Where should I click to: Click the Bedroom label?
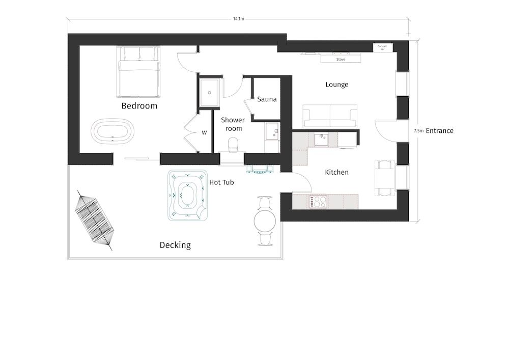(139, 106)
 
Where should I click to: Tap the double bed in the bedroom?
(138, 71)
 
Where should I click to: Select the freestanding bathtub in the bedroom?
(112, 131)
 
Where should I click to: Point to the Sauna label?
(267, 99)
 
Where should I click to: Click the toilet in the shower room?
(233, 145)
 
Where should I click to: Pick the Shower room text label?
(233, 124)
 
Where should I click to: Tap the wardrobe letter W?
(204, 132)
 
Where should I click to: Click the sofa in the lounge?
(330, 116)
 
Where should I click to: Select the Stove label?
(341, 60)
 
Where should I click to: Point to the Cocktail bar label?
(382, 48)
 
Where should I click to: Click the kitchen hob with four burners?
(318, 202)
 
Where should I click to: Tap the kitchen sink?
(321, 139)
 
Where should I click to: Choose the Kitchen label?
(336, 172)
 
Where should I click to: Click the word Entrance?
(440, 131)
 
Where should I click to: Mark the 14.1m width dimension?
(239, 19)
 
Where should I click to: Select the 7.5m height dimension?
(419, 131)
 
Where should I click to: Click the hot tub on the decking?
(188, 196)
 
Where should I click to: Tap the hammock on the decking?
(95, 220)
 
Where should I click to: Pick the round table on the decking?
(265, 221)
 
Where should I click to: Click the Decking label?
(175, 245)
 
